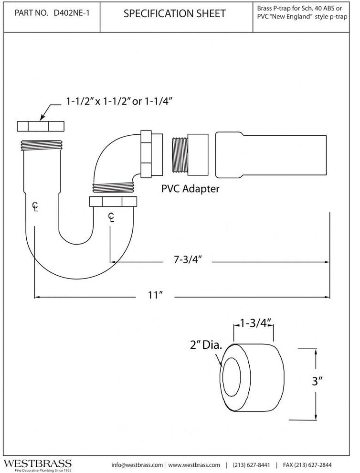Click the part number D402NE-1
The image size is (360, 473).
[x=71, y=13]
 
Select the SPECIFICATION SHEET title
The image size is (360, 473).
[x=175, y=13]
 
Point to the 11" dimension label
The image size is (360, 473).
[x=155, y=295]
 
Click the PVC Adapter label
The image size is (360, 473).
[x=190, y=189]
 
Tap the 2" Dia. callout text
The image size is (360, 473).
[x=206, y=345]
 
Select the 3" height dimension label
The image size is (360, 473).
[x=317, y=381]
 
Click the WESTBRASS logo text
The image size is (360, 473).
[x=37, y=463]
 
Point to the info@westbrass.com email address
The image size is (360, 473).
[x=137, y=465]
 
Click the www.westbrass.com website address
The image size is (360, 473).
[x=194, y=465]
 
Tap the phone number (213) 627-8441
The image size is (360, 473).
[x=252, y=465]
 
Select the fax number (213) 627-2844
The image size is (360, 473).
[x=307, y=465]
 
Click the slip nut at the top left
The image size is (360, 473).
[x=41, y=127]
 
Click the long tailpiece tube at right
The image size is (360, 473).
[x=271, y=155]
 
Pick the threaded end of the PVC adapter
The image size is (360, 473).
[x=180, y=155]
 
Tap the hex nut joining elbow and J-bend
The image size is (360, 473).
[x=113, y=202]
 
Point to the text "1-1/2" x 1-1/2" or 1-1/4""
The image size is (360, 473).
[x=119, y=101]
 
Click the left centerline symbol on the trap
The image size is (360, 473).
[x=36, y=206]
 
